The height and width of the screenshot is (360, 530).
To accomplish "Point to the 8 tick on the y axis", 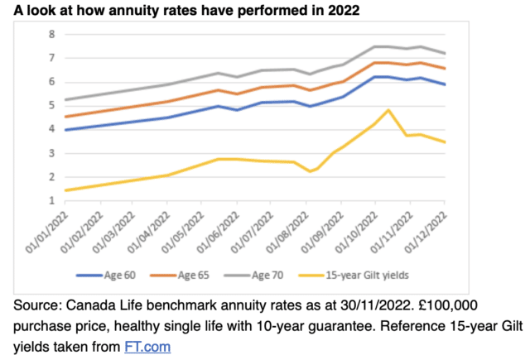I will [51, 34].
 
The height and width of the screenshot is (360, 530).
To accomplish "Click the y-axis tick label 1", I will [51, 200].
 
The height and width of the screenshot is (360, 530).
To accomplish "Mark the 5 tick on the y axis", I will [51, 105].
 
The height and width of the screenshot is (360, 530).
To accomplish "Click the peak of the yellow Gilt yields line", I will [388, 110].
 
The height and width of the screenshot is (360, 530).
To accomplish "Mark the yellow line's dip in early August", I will [308, 171].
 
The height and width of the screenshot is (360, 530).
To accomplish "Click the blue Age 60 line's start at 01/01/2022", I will [65, 130].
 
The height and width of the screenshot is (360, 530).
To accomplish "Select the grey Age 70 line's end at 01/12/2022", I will [446, 53].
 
